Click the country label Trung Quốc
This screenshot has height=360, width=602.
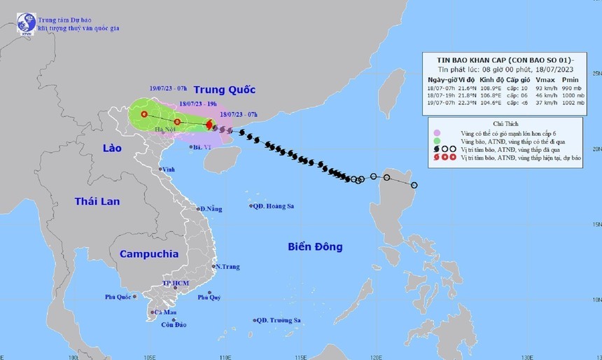tap(224, 90)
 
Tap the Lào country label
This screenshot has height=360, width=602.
tap(112, 148)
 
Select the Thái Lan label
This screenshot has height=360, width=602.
tap(97, 201)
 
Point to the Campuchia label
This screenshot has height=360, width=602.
tap(148, 254)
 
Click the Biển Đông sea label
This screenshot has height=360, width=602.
tap(315, 247)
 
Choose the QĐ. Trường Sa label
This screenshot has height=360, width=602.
tap(279, 320)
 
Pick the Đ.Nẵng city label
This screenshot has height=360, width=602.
tap(211, 209)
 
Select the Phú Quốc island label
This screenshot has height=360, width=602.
tap(119, 297)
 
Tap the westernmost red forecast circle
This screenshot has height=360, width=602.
tap(144, 114)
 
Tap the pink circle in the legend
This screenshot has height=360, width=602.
tap(438, 132)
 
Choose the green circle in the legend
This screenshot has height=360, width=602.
tap(438, 141)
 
